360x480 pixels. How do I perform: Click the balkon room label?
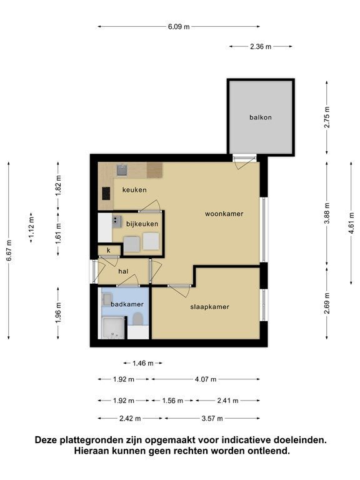[x=261, y=117]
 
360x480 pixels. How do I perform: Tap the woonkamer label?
[x=224, y=214]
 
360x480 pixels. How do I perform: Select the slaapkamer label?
[x=210, y=307]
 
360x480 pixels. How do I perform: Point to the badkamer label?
[x=127, y=304]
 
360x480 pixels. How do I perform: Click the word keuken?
[x=134, y=190]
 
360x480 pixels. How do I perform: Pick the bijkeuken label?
[x=142, y=224]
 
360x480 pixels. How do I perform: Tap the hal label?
[x=123, y=271]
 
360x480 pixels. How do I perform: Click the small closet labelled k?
[x=109, y=251]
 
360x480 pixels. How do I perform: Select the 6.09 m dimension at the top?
[x=179, y=27]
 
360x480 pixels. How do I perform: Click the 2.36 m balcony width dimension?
[x=261, y=46]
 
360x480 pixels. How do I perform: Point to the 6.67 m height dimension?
[x=9, y=251]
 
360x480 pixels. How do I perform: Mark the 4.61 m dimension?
[x=351, y=223]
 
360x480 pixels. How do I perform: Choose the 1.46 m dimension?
[x=143, y=363]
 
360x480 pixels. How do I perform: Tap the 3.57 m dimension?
[x=212, y=418]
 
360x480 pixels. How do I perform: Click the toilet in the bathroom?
[x=137, y=319]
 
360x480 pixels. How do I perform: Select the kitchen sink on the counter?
[x=122, y=170]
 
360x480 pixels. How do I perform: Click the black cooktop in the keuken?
[x=106, y=194]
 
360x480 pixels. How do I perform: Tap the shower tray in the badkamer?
[x=113, y=328]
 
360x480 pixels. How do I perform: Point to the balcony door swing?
[x=244, y=163]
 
